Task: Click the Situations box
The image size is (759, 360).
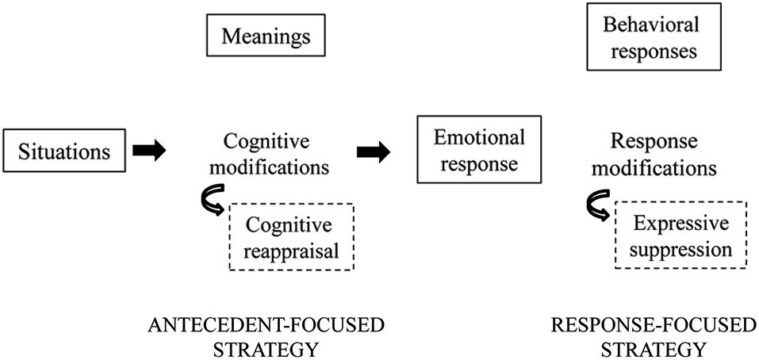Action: [x=64, y=150]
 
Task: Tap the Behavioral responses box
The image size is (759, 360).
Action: [x=654, y=36]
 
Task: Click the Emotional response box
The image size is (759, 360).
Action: [x=479, y=149]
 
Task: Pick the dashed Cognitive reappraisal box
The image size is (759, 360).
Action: [x=291, y=236]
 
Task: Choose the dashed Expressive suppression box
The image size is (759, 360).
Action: [x=680, y=235]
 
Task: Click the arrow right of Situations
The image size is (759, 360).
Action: [x=150, y=151]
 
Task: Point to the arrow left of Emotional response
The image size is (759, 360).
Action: [x=374, y=152]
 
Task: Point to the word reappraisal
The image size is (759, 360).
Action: [x=291, y=251]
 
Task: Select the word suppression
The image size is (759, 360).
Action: [x=680, y=249]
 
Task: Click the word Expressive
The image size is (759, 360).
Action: [x=680, y=224]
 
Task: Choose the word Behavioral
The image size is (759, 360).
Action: [x=651, y=25]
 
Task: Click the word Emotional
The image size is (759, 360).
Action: [x=479, y=138]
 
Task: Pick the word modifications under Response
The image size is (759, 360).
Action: [x=654, y=168]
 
